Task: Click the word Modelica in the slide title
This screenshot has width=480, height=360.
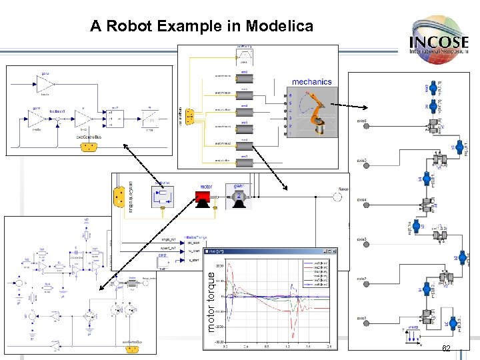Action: tap(279, 27)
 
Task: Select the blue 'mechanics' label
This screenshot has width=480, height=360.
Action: tap(311, 82)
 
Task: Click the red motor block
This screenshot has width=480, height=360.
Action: tap(202, 197)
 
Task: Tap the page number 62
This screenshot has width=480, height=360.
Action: tap(447, 350)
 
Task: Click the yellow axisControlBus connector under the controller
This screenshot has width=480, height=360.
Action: tap(87, 147)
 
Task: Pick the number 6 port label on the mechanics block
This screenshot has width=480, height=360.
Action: tap(290, 95)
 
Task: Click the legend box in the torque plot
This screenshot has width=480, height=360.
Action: tap(318, 274)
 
